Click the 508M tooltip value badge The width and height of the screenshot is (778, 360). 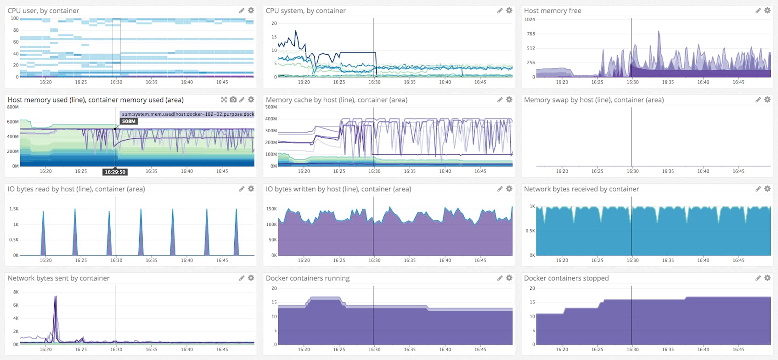point(129,122)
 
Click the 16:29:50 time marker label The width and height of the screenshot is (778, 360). point(115,172)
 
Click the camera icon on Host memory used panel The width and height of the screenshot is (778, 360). point(233,100)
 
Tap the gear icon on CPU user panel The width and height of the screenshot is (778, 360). point(251,11)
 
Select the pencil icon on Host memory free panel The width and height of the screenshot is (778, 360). point(758,11)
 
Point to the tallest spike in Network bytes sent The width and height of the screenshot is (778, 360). point(56,297)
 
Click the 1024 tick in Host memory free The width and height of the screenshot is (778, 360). point(530,20)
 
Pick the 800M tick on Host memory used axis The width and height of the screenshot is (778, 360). point(13,107)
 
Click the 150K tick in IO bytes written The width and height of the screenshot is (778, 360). point(271,209)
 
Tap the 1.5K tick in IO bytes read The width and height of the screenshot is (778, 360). point(14,209)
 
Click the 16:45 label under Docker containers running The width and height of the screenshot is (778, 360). point(480,349)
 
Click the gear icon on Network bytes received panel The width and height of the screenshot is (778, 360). point(767,189)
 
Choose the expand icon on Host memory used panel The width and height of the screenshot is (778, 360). point(224,100)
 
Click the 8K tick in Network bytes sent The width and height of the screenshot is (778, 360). point(16,292)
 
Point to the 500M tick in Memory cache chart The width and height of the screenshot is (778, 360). point(271,107)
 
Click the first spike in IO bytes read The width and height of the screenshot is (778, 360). point(43,212)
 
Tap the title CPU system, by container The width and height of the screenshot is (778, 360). point(305,11)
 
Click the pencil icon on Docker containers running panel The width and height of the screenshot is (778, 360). point(500,278)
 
